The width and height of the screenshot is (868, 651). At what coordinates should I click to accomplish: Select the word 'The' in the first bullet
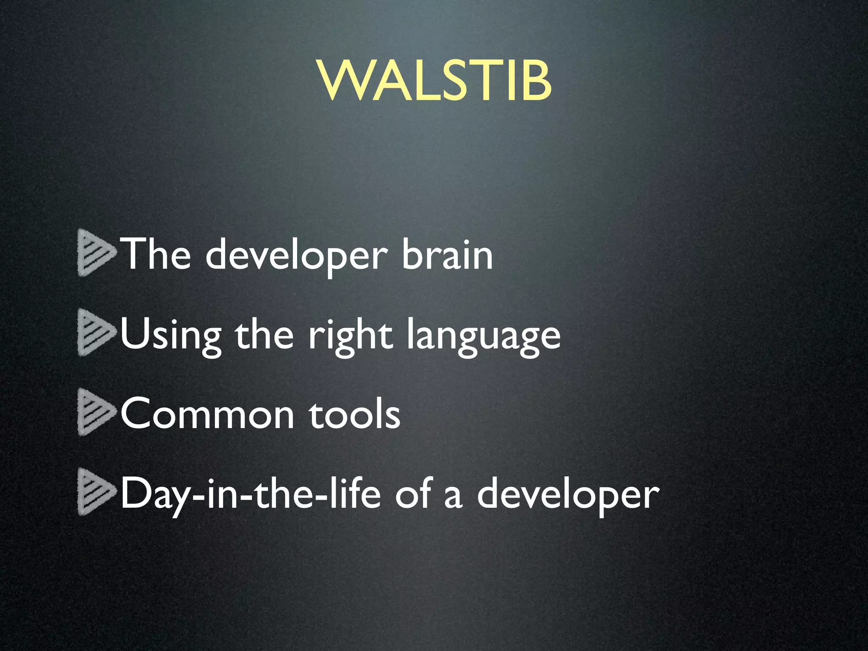coord(156,254)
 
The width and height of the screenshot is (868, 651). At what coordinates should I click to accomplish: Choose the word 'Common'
coord(207,414)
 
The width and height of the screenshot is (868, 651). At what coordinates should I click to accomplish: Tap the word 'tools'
coord(354,413)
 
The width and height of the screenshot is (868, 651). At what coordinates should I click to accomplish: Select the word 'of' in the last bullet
coord(413,493)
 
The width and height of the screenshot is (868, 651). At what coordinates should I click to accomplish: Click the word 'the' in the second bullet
coord(264,334)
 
